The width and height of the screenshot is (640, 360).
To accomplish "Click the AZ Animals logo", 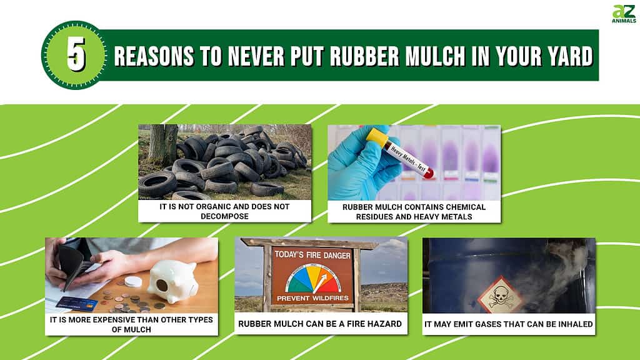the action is pyautogui.click(x=624, y=14).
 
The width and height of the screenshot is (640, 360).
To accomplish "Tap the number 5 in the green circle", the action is pyautogui.click(x=76, y=55).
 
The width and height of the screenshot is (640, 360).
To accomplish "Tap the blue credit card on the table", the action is pyautogui.click(x=76, y=304).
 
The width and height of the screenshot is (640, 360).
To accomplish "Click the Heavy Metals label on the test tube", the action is pyautogui.click(x=407, y=159).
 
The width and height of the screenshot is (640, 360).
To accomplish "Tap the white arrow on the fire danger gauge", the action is pyautogui.click(x=321, y=283).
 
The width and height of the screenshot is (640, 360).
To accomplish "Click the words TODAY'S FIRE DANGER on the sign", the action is pyautogui.click(x=312, y=255).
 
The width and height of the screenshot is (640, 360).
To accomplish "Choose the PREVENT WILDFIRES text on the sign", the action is pyautogui.click(x=312, y=298).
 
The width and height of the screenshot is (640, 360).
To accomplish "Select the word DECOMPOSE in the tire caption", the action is pyautogui.click(x=224, y=216).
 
